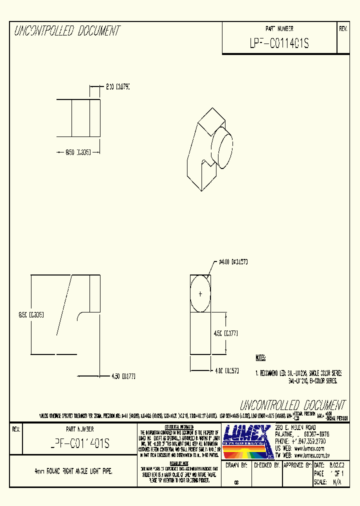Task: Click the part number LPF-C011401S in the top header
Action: click(x=279, y=44)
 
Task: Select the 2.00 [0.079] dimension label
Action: click(x=117, y=87)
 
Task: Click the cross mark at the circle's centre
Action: click(x=200, y=294)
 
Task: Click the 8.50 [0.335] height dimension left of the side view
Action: click(x=31, y=315)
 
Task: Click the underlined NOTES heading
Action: click(x=260, y=358)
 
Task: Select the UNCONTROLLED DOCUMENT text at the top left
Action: click(x=67, y=31)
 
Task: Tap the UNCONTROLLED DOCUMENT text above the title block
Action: click(x=292, y=404)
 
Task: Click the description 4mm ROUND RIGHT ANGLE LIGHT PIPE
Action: click(x=73, y=471)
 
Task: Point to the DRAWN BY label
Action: click(x=236, y=464)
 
